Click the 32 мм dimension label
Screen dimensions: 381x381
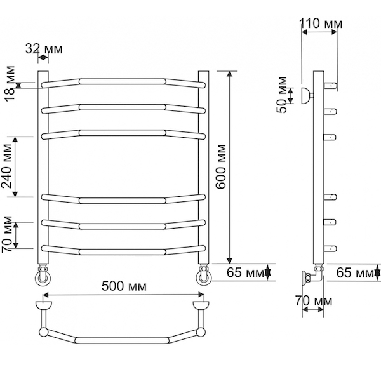[44, 49]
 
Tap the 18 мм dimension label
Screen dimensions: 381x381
[10, 83]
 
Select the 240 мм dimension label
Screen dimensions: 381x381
[6, 166]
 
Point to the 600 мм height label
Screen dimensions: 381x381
[221, 166]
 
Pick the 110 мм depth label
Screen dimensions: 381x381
[321, 23]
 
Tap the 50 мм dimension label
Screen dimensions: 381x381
[282, 95]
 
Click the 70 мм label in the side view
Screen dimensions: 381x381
[314, 301]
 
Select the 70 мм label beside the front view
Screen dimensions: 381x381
[6, 234]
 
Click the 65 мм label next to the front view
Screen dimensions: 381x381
[245, 272]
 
